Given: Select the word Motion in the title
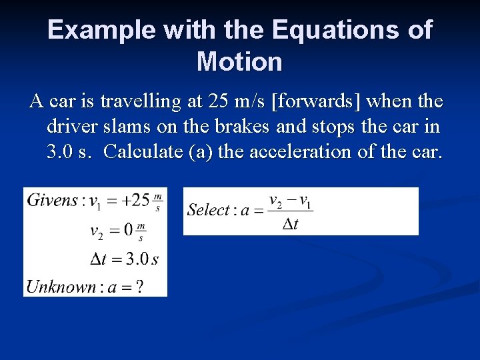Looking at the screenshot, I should pyautogui.click(x=239, y=61).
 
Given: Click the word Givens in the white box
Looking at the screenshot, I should pyautogui.click(x=51, y=201).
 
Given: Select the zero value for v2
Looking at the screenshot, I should pyautogui.click(x=129, y=231).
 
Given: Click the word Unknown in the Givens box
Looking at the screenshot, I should pyautogui.click(x=60, y=287).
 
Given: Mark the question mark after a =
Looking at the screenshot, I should pyautogui.click(x=139, y=287).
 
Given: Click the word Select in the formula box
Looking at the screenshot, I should pyautogui.click(x=208, y=211).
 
